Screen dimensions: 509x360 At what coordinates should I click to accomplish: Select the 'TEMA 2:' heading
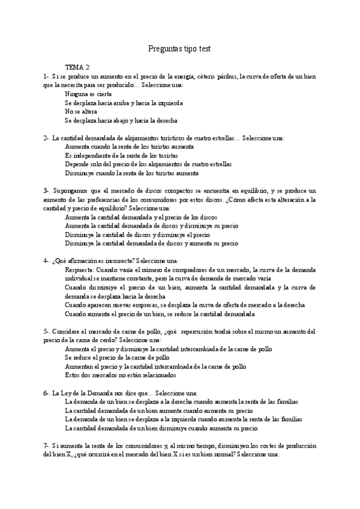point(78,67)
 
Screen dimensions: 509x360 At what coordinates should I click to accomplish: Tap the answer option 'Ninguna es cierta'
point(89,94)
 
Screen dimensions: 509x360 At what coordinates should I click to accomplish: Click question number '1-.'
point(47,76)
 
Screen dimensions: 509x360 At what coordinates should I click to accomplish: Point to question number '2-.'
point(47,137)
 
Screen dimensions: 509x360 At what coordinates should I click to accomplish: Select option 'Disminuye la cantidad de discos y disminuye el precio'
point(137,235)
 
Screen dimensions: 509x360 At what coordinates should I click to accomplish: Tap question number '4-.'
point(47,261)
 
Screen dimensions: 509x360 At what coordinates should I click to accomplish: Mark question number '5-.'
point(47,331)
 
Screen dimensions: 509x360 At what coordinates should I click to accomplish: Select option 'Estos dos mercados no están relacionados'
point(121,375)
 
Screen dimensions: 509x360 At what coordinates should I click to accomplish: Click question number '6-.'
point(47,393)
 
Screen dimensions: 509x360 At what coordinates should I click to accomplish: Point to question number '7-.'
point(47,446)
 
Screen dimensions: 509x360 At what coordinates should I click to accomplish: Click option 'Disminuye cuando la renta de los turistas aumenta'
point(132,173)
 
